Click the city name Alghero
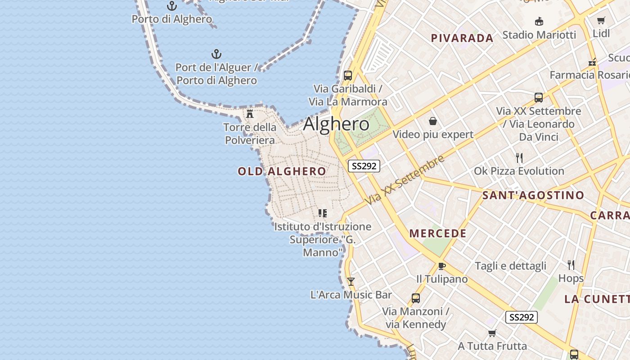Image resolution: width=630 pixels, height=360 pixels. [336, 124]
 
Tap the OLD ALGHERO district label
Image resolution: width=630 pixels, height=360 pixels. [282, 171]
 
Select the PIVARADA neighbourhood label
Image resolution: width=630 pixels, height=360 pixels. [462, 38]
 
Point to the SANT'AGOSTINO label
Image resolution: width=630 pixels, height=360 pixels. [533, 195]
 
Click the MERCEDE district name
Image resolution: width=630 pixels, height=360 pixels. [438, 234]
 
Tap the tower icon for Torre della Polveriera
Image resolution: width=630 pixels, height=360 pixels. [250, 113]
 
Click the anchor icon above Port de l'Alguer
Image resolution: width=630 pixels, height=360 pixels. [216, 54]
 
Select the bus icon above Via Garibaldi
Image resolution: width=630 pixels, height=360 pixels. [348, 75]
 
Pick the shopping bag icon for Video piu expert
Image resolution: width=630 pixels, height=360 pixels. [433, 121]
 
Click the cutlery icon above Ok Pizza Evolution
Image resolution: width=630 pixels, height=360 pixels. [519, 157]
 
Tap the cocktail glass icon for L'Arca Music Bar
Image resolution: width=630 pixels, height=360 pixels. [351, 282]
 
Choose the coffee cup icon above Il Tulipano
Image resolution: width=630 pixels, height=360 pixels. [442, 266]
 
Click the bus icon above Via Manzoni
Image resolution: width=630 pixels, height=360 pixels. [416, 298]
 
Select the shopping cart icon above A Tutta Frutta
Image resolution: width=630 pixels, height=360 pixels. [492, 333]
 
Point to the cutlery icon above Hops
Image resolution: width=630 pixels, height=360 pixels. [571, 265]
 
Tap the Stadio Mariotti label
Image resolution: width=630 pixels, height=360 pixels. [539, 35]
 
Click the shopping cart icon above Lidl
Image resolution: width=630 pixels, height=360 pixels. [601, 20]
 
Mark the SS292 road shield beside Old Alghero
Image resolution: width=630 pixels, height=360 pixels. [364, 166]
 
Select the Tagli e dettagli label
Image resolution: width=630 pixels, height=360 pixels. [510, 266]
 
